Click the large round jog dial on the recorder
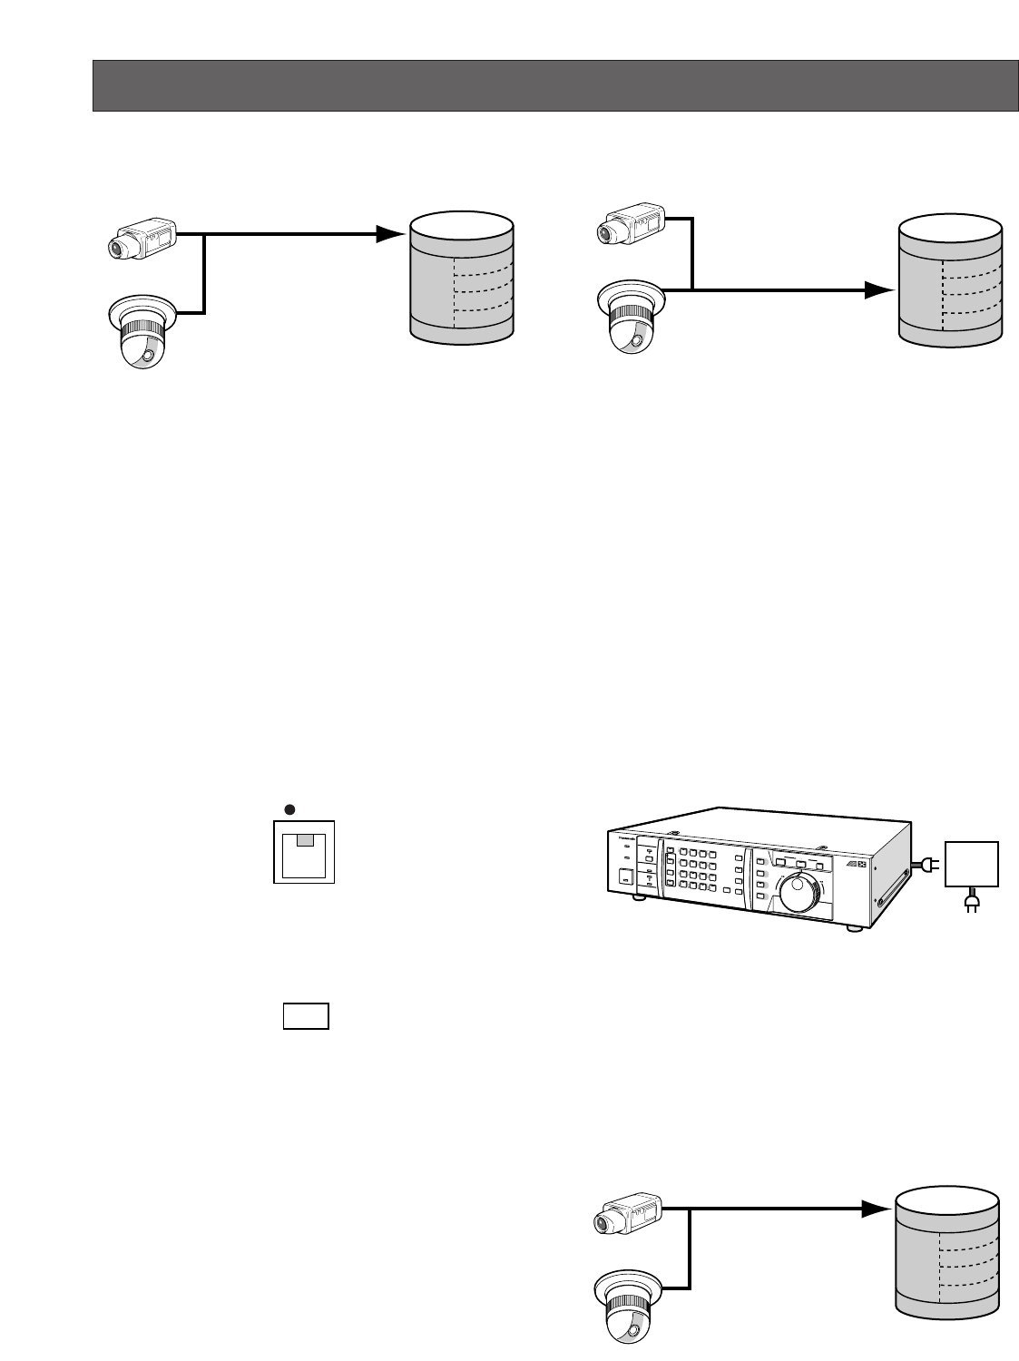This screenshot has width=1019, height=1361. (799, 893)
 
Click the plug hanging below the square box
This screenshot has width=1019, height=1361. (971, 904)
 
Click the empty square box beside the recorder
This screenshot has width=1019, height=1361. (972, 864)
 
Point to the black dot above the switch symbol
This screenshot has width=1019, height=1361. (289, 809)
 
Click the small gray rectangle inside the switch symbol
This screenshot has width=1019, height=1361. (306, 841)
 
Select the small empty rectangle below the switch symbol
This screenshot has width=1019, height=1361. (305, 1016)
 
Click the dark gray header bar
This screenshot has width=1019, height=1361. (554, 86)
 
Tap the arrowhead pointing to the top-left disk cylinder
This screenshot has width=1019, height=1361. (390, 234)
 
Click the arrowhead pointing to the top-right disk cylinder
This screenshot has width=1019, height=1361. (877, 289)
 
